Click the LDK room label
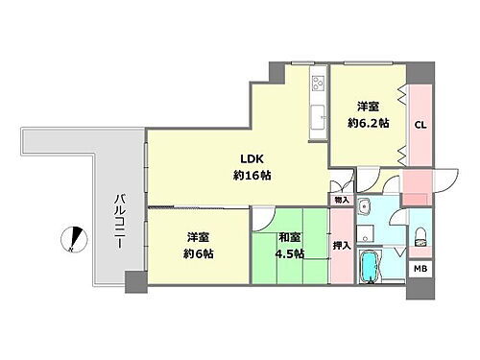click(249, 160)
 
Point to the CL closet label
click(420, 124)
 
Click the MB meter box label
click(420, 270)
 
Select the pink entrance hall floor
click(417, 186)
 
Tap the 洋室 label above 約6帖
click(198, 237)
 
